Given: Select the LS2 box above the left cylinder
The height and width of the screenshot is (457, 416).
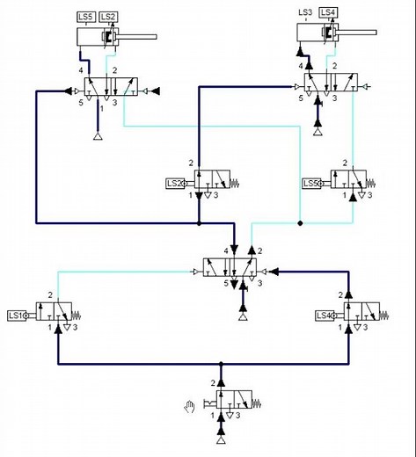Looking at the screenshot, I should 108,17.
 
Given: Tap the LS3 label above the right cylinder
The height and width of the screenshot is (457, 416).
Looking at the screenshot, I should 305,11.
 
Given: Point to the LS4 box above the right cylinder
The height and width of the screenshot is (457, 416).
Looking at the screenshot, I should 328,11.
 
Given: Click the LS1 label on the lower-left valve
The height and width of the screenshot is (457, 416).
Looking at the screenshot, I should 17,315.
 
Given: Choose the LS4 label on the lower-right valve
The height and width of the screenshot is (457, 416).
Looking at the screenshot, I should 323,315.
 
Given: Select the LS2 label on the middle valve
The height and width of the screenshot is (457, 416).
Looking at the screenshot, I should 174,183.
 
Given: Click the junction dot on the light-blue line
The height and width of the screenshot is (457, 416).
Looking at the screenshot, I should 300,223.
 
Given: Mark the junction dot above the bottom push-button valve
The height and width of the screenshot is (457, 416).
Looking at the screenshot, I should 221,363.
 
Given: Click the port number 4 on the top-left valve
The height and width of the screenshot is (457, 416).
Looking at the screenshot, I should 80,70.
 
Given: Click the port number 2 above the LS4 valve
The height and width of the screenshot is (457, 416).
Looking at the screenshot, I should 339,294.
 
